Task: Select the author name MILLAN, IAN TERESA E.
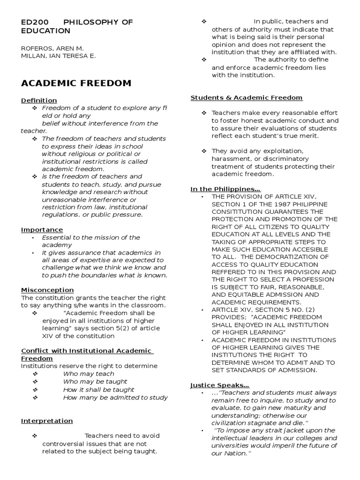pos(58,56)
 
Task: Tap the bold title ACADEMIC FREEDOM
pos(76,83)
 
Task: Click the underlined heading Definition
pos(39,100)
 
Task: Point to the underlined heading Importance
pos(42,230)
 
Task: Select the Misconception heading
pos(47,290)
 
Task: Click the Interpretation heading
pos(47,421)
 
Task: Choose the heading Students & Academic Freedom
pos(246,97)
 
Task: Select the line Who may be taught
pos(95,382)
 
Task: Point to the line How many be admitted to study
pos(115,397)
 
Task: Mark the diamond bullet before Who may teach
pos(35,374)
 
